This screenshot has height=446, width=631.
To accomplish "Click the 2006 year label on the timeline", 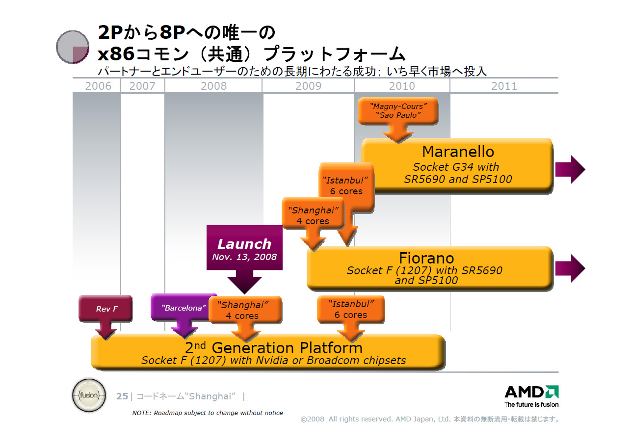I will coord(98,86).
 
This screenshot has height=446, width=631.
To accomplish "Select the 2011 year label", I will coord(504,86).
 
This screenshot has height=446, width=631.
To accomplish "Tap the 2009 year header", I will coord(308,86).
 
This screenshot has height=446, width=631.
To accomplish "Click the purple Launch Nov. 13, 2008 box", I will coord(244,248).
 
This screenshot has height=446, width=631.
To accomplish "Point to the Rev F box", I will coord(106,309).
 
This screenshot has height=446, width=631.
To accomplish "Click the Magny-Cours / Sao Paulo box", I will coord(397,110).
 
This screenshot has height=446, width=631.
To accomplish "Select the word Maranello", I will coord(458,151).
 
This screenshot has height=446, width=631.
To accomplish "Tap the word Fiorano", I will coord(426,258).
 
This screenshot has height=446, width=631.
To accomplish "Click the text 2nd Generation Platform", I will coord(273,348).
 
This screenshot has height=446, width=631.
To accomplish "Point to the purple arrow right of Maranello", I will coord(570,169).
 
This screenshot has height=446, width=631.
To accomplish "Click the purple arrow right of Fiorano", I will coord(570,268).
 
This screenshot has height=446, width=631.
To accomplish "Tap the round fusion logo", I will coord(88,395).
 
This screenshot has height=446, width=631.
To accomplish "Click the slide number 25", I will coord(122,396).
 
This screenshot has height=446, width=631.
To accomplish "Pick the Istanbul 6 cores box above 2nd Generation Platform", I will coord(350,310).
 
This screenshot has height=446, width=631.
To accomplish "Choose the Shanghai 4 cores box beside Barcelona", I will coord(246,310).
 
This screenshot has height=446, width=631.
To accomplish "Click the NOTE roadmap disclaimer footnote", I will coord(208,413).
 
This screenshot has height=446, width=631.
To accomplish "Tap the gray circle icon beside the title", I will coord(73,47).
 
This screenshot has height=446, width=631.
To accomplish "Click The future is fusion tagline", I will coord(531,405).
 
